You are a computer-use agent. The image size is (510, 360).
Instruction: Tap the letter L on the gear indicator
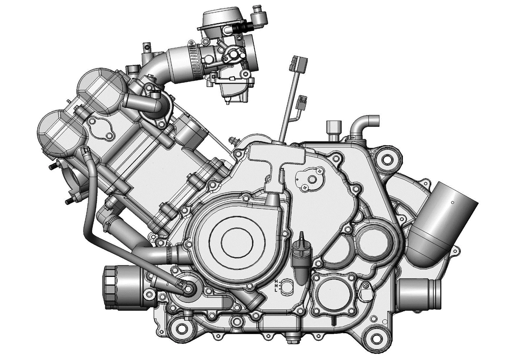tap(276, 290)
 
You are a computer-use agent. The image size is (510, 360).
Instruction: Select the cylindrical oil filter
tap(124, 288)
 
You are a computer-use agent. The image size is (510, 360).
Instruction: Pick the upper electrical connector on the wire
tap(298, 64)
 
